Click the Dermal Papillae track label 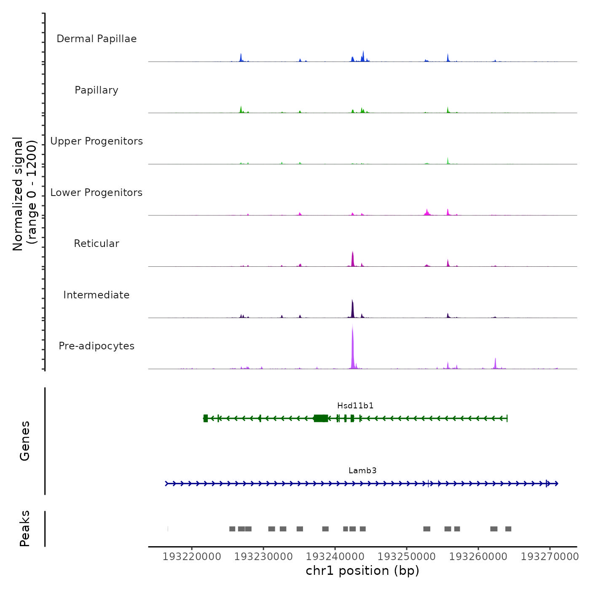point(97,39)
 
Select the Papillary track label point(97,90)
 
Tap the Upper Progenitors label point(97,141)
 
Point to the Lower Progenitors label point(97,193)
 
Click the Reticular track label point(97,244)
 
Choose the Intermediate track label point(97,295)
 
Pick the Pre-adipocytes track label point(97,346)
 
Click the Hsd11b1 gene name point(355,406)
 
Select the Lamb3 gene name point(362,471)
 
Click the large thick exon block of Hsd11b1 point(321,418)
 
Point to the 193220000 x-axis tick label point(192,557)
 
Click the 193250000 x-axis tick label point(407,557)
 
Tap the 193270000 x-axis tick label point(550,557)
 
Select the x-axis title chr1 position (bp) point(362,571)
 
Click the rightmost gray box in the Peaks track point(508,529)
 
